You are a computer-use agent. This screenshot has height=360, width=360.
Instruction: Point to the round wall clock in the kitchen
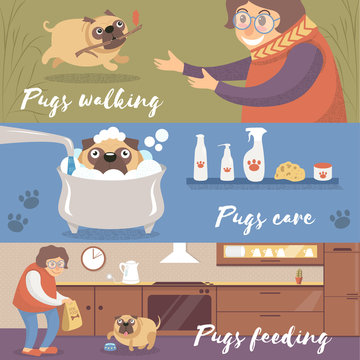coord(93,259)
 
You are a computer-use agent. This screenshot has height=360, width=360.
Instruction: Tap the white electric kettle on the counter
coord(128,271)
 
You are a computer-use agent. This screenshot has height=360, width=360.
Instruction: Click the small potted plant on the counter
coord(298,275)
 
